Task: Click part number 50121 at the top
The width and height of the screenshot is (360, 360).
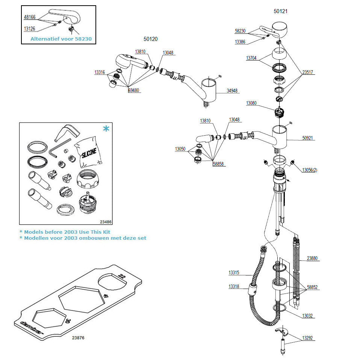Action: click(x=280, y=11)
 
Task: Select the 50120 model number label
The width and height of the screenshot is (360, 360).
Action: click(x=150, y=38)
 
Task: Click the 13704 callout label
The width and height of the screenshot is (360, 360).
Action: click(x=252, y=58)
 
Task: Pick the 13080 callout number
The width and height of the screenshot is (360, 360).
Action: click(x=252, y=103)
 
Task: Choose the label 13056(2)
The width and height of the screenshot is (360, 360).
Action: click(x=310, y=170)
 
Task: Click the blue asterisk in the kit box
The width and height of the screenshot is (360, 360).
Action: click(x=106, y=129)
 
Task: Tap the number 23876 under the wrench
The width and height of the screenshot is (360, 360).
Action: click(x=78, y=338)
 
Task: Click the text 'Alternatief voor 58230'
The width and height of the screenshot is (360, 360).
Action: click(x=61, y=39)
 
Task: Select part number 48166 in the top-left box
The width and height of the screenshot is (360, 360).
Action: click(x=30, y=17)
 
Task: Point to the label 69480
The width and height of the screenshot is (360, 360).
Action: click(x=133, y=91)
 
